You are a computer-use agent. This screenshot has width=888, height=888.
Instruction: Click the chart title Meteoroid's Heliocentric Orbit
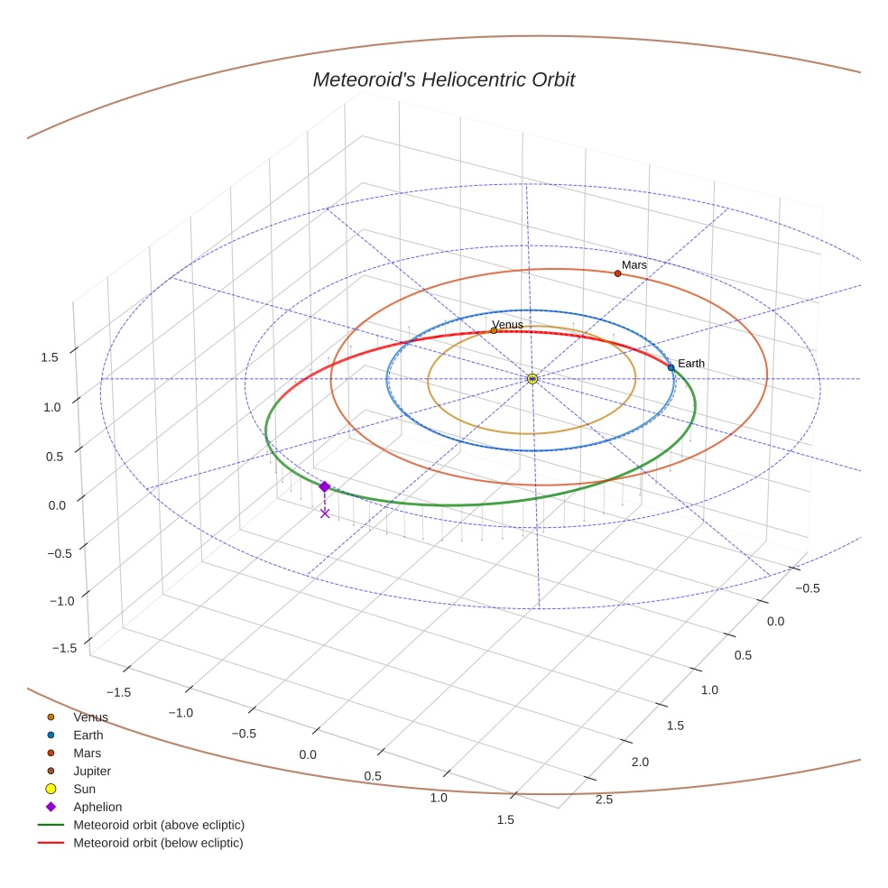pyautogui.click(x=443, y=80)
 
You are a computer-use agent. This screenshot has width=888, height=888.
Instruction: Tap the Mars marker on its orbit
pyautogui.click(x=617, y=273)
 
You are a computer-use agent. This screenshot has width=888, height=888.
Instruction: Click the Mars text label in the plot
pyautogui.click(x=634, y=264)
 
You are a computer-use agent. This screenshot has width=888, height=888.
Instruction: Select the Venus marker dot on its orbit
pyautogui.click(x=494, y=330)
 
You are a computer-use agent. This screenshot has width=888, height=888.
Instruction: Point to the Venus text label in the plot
pyautogui.click(x=507, y=324)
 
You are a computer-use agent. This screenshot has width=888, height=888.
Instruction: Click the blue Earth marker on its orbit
pyautogui.click(x=671, y=367)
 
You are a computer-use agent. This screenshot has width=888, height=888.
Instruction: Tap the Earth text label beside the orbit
pyautogui.click(x=691, y=364)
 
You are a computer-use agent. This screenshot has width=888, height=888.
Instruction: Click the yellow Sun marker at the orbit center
pyautogui.click(x=532, y=379)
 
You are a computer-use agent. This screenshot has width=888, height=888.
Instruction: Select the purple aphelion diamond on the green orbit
pyautogui.click(x=325, y=486)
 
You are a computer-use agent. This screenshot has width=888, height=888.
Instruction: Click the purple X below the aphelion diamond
pyautogui.click(x=325, y=513)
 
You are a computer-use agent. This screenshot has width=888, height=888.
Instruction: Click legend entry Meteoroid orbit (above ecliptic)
pyautogui.click(x=159, y=825)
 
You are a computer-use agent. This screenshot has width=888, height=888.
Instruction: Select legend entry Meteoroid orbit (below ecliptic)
pyautogui.click(x=158, y=843)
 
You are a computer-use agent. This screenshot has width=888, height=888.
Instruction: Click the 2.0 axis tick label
pyautogui.click(x=639, y=763)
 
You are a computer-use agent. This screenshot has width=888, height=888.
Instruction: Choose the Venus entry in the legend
pyautogui.click(x=90, y=717)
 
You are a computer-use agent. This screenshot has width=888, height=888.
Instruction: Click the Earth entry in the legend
pyautogui.click(x=88, y=735)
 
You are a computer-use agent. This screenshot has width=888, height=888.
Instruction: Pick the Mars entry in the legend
pyautogui.click(x=87, y=754)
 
